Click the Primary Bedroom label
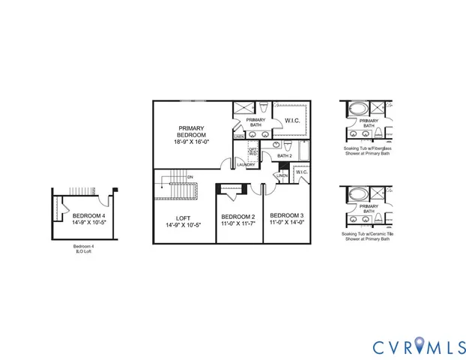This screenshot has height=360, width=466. click(191, 135)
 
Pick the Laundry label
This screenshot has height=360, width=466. click(246, 164)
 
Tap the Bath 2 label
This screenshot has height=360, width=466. click(285, 156)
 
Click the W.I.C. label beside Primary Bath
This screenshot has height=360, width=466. click(292, 121)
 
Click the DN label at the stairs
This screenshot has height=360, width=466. click(190, 176)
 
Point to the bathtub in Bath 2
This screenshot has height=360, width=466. click(304, 151)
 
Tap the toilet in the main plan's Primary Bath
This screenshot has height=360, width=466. click(267, 108)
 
